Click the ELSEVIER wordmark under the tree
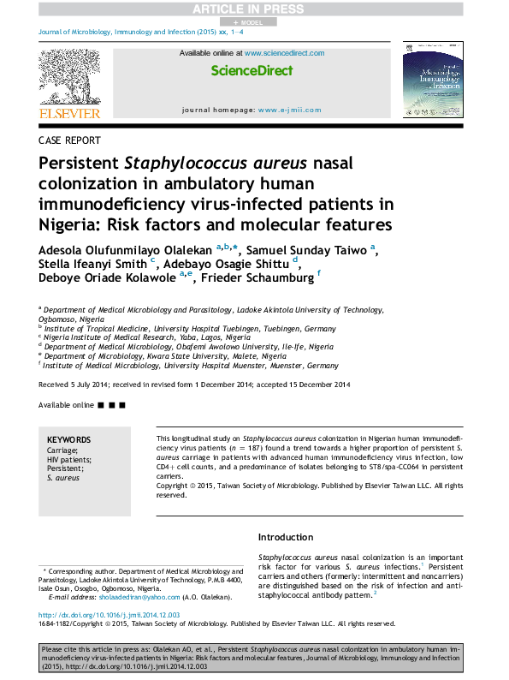coord(68,113)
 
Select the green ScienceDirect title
coord(252,71)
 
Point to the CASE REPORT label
coord(69,140)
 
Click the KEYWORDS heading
coord(67,440)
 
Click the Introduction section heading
coord(285,537)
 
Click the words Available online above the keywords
coord(67,403)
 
